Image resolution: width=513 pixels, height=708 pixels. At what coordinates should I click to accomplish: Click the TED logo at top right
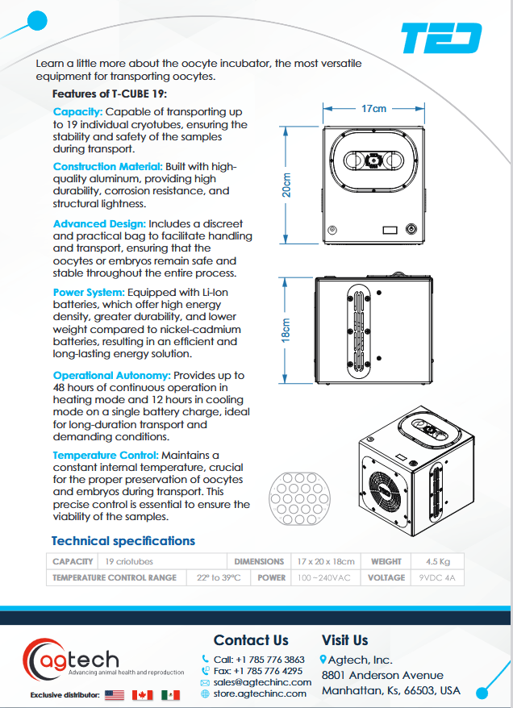pyautogui.click(x=441, y=38)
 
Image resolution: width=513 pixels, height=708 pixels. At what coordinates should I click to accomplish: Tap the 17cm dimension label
pyautogui.click(x=373, y=108)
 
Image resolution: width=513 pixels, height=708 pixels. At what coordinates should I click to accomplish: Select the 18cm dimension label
pyautogui.click(x=286, y=331)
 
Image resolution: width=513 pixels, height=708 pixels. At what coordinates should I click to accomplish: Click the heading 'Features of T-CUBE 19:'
pyautogui.click(x=110, y=94)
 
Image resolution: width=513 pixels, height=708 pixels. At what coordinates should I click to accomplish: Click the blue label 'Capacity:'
pyautogui.click(x=77, y=112)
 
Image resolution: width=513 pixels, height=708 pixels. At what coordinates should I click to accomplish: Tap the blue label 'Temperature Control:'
pyautogui.click(x=107, y=456)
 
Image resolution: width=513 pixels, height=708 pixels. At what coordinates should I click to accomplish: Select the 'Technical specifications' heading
pyautogui.click(x=123, y=541)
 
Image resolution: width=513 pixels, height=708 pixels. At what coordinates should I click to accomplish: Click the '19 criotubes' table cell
pyautogui.click(x=129, y=561)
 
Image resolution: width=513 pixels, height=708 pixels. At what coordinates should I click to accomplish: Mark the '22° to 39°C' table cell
pyautogui.click(x=219, y=577)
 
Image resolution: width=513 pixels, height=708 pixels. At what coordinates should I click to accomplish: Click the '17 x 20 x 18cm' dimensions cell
pyautogui.click(x=325, y=561)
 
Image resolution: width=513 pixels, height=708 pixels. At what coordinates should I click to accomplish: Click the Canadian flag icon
pyautogui.click(x=143, y=695)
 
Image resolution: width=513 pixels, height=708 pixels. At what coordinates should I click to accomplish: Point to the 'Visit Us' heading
pyautogui.click(x=344, y=640)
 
